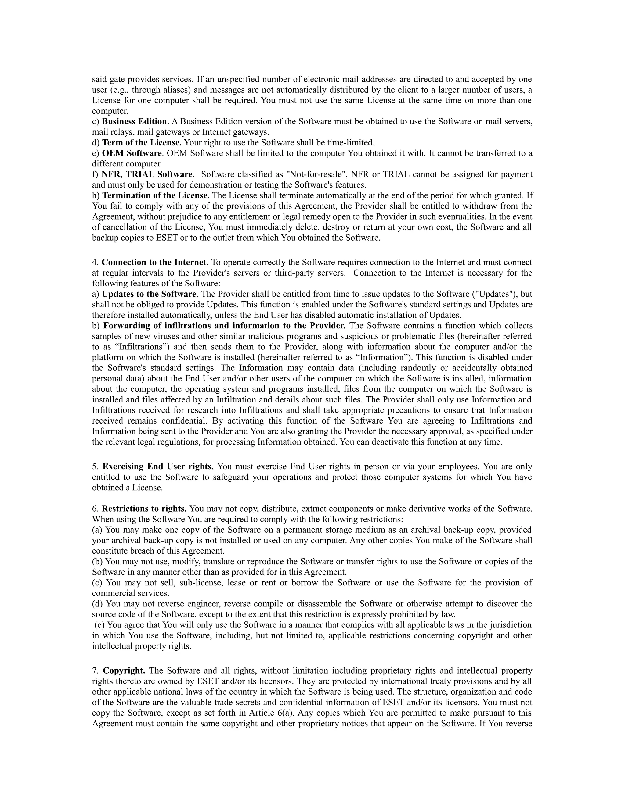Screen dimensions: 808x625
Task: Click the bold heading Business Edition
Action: [x=134, y=121]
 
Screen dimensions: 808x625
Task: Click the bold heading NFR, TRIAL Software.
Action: [x=148, y=174]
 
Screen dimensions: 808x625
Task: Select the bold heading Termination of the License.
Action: [x=156, y=195]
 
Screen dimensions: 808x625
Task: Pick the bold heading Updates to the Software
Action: [x=149, y=294]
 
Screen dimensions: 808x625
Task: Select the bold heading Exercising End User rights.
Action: [x=158, y=467]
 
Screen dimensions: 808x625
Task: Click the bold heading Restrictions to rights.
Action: [x=144, y=509]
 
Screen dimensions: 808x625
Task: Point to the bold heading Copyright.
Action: [x=124, y=671]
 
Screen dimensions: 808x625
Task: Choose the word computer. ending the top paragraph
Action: [x=110, y=111]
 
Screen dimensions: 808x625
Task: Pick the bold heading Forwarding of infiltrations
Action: [x=224, y=326]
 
